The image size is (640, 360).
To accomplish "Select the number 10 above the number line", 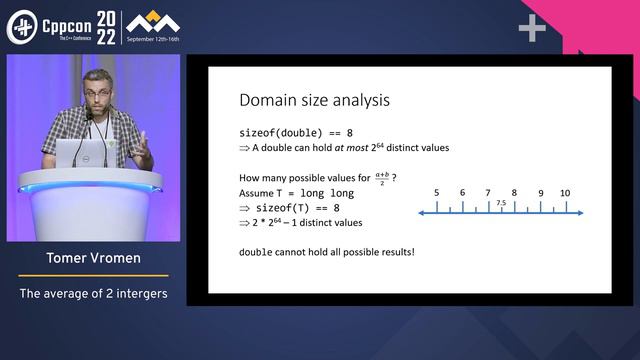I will click(x=565, y=192).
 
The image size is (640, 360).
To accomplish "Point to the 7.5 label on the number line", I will click(x=501, y=203).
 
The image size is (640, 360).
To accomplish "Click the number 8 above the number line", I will click(x=514, y=192).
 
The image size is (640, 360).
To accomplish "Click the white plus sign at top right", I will click(x=532, y=29).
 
